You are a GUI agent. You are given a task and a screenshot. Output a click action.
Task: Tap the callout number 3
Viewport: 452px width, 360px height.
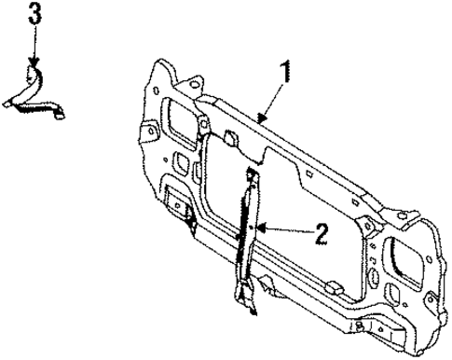coord(34,14)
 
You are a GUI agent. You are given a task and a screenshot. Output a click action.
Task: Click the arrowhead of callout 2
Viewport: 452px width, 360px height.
coord(260,227)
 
